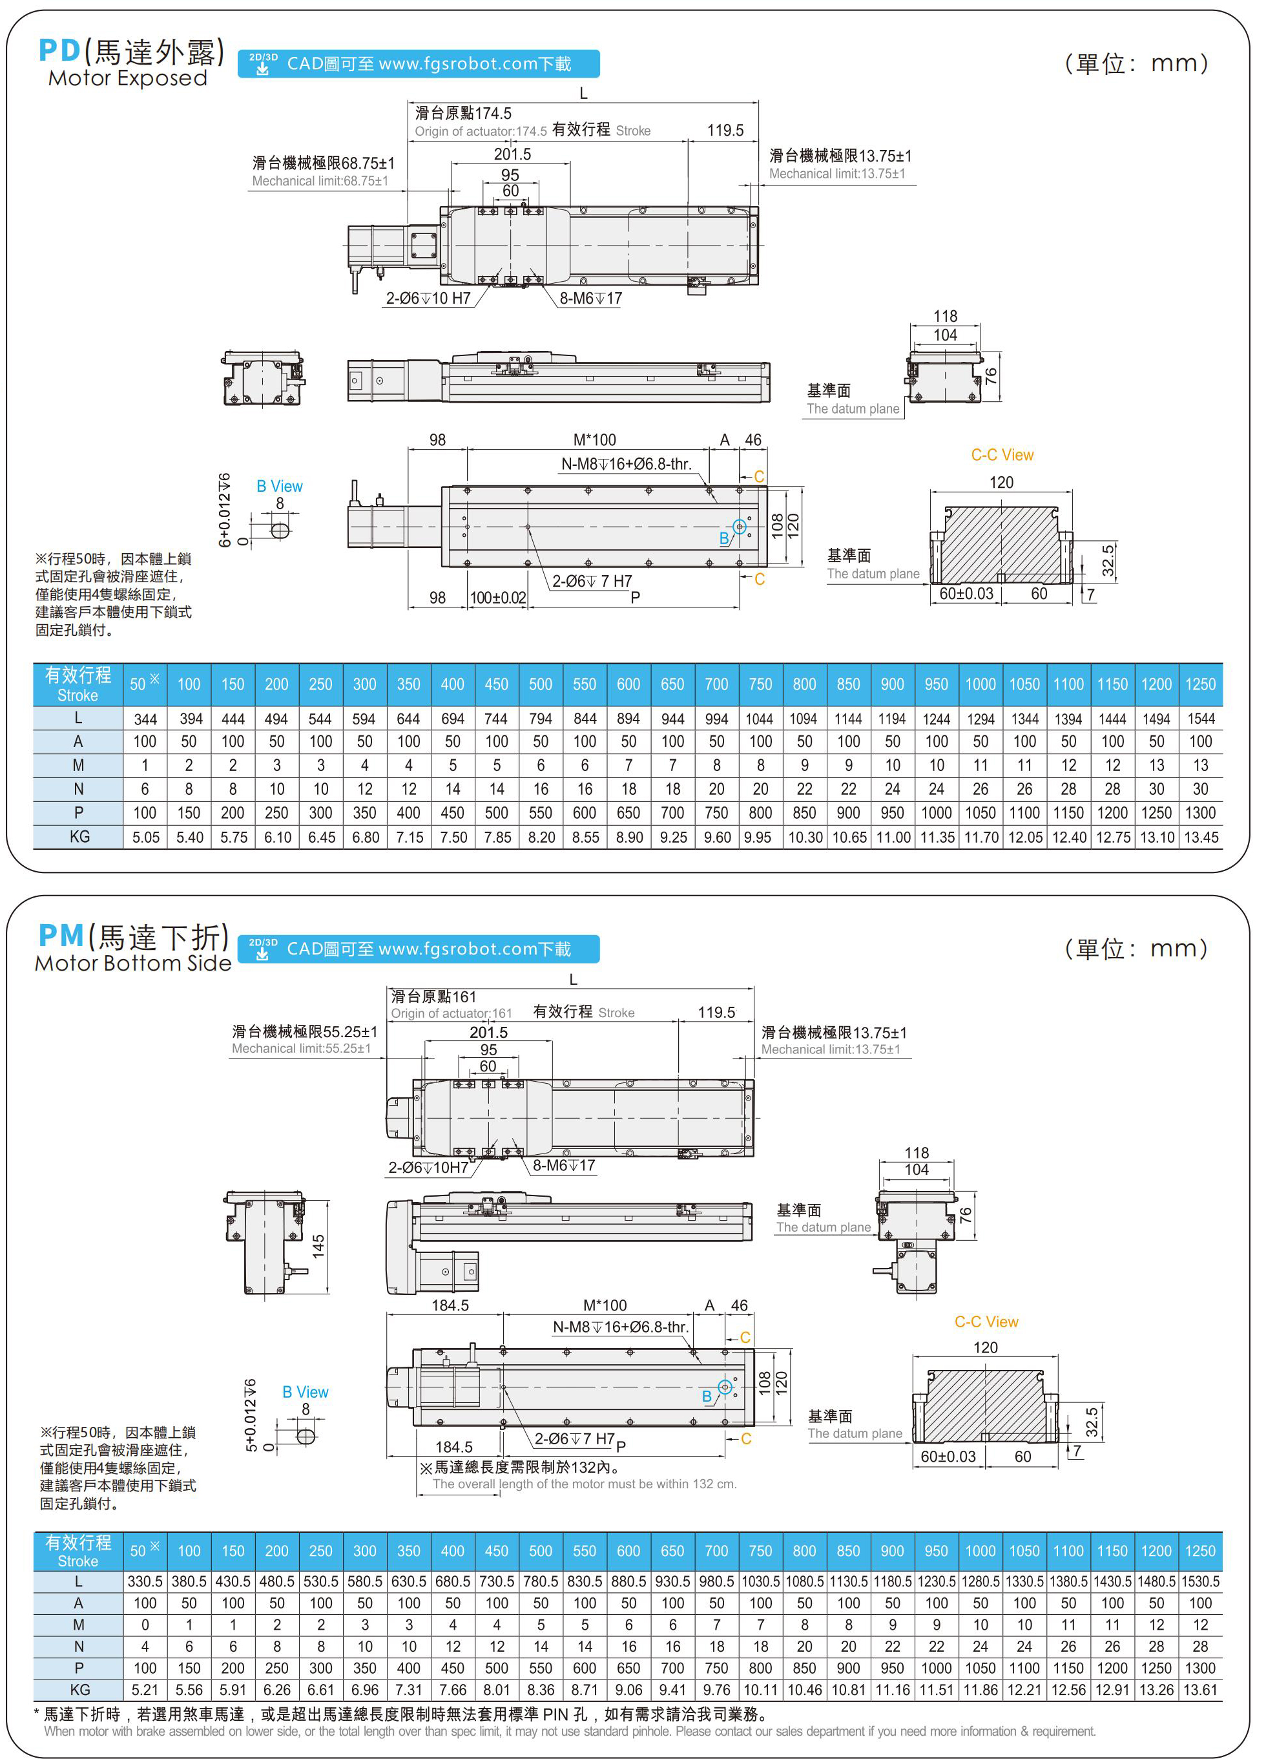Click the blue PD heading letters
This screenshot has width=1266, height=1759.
click(x=59, y=51)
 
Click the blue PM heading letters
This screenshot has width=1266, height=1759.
click(x=61, y=936)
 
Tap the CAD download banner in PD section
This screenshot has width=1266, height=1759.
click(x=418, y=63)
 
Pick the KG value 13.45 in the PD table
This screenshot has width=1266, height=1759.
click(x=1201, y=837)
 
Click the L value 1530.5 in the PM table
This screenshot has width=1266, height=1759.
click(x=1201, y=1581)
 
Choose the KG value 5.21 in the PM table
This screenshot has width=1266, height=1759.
click(x=145, y=1690)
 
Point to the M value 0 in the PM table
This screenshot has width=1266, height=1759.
click(x=145, y=1625)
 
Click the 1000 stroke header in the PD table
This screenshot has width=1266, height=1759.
click(x=980, y=684)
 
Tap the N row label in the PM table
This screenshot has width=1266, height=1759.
click(x=78, y=1647)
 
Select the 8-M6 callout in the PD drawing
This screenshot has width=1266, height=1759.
click(x=591, y=299)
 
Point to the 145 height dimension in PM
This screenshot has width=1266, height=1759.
click(x=318, y=1245)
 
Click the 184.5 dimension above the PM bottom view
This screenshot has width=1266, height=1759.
click(x=450, y=1305)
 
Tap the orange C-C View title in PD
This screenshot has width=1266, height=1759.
click(x=1002, y=456)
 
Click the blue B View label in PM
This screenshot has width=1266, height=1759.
click(x=305, y=1391)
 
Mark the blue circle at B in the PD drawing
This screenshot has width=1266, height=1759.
click(x=740, y=527)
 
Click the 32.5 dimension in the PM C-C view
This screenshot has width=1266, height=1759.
click(x=1092, y=1422)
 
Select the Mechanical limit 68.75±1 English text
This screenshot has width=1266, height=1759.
click(x=320, y=182)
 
